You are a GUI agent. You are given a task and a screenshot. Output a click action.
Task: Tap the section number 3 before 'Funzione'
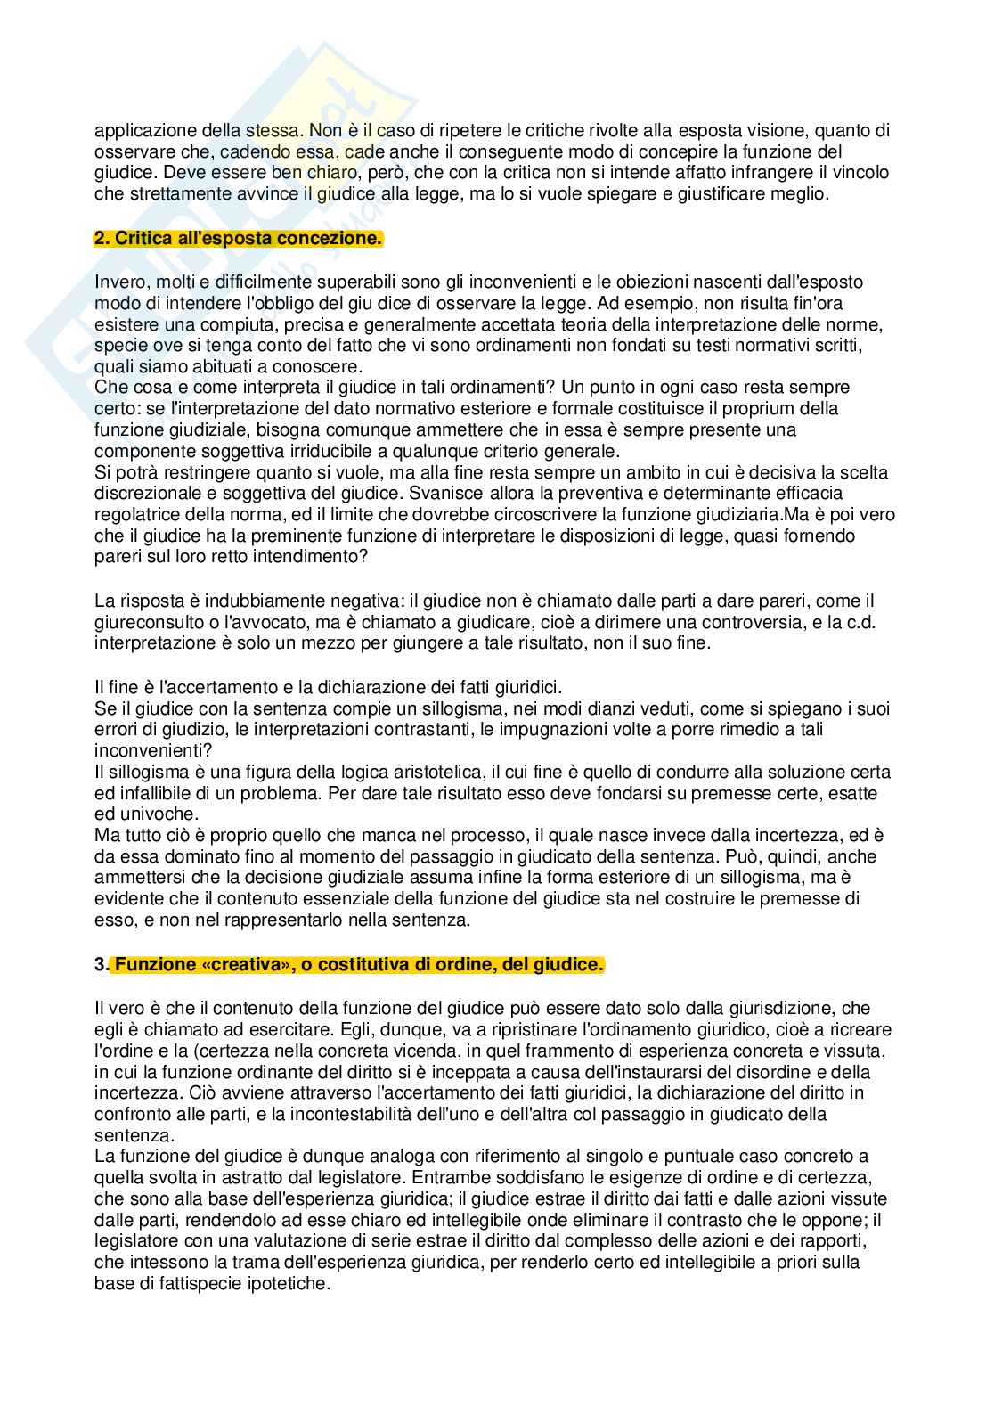[x=98, y=965]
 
